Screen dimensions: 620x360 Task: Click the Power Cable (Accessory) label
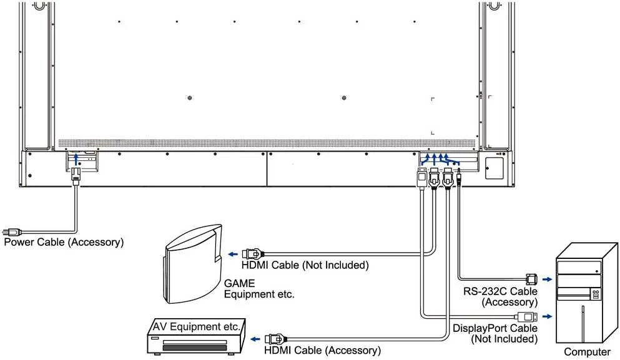pos(64,242)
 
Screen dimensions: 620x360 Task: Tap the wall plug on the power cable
pos(11,232)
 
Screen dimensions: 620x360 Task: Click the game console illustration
pos(192,265)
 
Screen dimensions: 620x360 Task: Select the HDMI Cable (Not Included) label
pos(305,265)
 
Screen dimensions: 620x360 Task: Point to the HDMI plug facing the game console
pos(253,254)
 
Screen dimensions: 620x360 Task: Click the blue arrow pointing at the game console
pos(233,254)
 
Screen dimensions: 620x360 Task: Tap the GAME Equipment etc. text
pos(259,289)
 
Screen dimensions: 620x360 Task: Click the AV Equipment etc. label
pos(197,327)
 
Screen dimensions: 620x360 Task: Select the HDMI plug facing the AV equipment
pos(275,339)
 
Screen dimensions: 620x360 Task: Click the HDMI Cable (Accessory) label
pos(322,350)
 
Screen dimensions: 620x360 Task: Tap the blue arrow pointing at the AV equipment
pos(255,339)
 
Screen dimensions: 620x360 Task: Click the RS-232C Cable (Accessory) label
pos(500,297)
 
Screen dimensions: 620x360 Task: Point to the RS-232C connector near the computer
pos(531,280)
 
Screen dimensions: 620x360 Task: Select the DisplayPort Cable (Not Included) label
pos(495,334)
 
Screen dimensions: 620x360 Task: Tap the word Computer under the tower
pos(587,352)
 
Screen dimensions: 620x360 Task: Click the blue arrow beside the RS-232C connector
pos(547,280)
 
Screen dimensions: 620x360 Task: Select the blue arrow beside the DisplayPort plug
pos(547,316)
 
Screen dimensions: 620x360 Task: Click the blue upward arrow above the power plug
pos(77,159)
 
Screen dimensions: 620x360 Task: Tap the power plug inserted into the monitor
pos(76,175)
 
